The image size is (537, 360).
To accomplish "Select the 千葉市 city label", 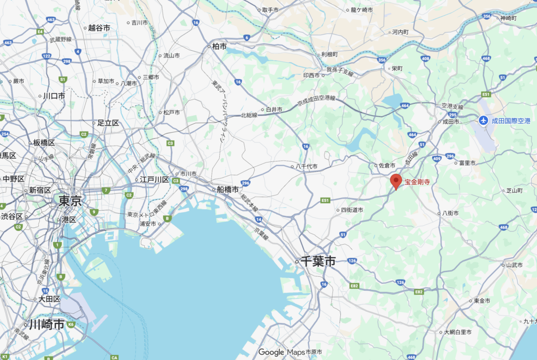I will tap(318, 261).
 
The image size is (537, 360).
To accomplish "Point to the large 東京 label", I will tap(70, 200).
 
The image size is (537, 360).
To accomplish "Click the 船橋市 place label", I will tap(228, 189).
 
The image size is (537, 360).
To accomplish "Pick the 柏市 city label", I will tap(219, 47).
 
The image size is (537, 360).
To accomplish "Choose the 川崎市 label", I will tap(47, 324).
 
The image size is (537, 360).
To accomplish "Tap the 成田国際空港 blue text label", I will tap(511, 121).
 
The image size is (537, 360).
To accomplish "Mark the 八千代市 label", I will tap(306, 167).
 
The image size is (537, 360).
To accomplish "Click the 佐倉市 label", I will tap(387, 166).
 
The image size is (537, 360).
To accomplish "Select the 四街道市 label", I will tap(352, 210).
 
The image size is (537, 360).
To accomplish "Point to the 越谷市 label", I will tap(99, 28).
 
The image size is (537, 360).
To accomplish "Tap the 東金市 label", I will tap(481, 301).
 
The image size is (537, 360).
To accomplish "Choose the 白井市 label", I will tap(274, 110).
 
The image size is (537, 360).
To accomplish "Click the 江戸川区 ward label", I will tap(154, 180).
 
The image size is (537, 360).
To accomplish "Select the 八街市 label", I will tap(450, 213).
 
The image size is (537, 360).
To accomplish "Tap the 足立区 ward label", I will tap(108, 123).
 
